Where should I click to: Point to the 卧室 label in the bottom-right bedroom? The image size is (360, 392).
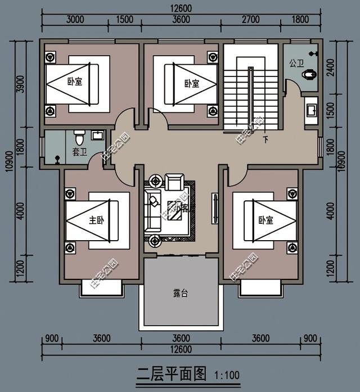[x=266, y=220]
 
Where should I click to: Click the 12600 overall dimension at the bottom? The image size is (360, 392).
[x=181, y=349]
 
